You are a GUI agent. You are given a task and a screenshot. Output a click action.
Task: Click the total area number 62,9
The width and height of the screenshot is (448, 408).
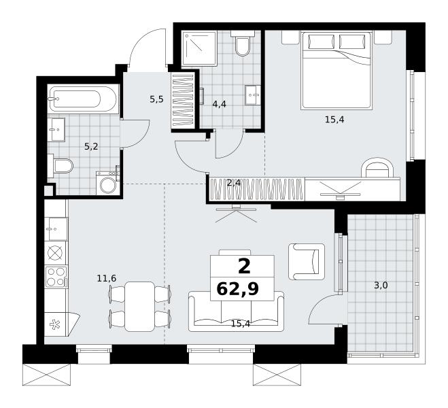pyautogui.click(x=238, y=289)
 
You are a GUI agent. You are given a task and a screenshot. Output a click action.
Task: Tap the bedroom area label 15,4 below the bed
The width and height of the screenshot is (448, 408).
pyautogui.click(x=334, y=120)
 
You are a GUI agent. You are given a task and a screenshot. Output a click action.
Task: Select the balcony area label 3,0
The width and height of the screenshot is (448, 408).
pyautogui.click(x=381, y=285)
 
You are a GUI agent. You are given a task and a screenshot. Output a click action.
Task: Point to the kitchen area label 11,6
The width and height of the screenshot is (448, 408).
pyautogui.click(x=107, y=278)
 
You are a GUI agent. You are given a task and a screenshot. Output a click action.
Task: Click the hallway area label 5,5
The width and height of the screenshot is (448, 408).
pyautogui.click(x=156, y=99)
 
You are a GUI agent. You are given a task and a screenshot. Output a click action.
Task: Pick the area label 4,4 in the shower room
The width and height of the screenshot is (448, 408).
pyautogui.click(x=219, y=104)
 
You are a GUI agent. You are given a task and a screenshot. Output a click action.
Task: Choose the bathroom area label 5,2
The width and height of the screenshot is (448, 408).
pyautogui.click(x=91, y=147)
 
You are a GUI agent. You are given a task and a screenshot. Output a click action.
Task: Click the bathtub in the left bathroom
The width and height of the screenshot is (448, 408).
pyautogui.click(x=83, y=99)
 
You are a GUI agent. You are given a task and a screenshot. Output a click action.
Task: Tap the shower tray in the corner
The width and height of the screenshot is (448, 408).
pyautogui.click(x=199, y=49)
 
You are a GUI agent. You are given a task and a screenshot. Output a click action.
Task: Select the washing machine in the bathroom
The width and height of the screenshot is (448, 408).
pyautogui.click(x=107, y=183)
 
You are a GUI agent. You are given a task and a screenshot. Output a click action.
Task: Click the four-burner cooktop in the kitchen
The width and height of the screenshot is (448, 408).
pyautogui.click(x=56, y=277)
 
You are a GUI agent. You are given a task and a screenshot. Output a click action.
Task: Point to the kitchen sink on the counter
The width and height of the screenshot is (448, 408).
pyautogui.click(x=56, y=229)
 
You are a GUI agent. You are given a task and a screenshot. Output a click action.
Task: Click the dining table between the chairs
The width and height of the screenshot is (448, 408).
pyautogui.click(x=140, y=307)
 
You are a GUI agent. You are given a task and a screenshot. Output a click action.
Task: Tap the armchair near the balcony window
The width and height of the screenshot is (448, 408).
pyautogui.click(x=307, y=262)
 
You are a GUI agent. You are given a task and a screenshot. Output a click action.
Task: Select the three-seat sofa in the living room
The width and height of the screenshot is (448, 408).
pyautogui.click(x=237, y=311)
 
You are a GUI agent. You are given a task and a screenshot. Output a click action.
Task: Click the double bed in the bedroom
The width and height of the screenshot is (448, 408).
pyautogui.click(x=337, y=71)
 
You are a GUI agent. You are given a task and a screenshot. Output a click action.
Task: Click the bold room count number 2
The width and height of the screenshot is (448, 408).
pyautogui.click(x=244, y=267)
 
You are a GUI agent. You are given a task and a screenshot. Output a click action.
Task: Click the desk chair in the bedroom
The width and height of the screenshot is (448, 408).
pyautogui.click(x=377, y=169)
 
